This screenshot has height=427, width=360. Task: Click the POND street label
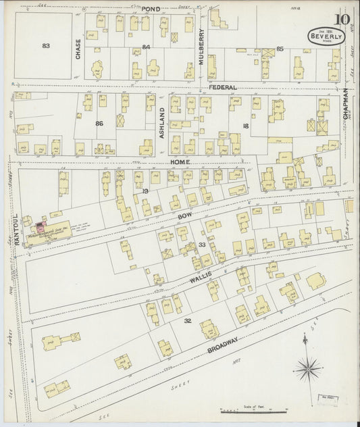click(x=151, y=7)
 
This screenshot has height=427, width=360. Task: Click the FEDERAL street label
click(x=222, y=88)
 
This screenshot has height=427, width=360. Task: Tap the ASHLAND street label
click(x=162, y=123)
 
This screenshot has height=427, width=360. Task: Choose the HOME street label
click(x=180, y=163)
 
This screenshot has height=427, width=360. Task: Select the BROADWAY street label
click(x=224, y=347)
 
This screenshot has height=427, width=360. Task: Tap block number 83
click(x=46, y=46)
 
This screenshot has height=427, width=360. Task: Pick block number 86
click(x=99, y=124)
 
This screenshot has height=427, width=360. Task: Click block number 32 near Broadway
click(x=188, y=320)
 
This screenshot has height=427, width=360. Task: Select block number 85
click(x=280, y=48)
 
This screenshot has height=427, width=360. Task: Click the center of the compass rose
click(x=309, y=368)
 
